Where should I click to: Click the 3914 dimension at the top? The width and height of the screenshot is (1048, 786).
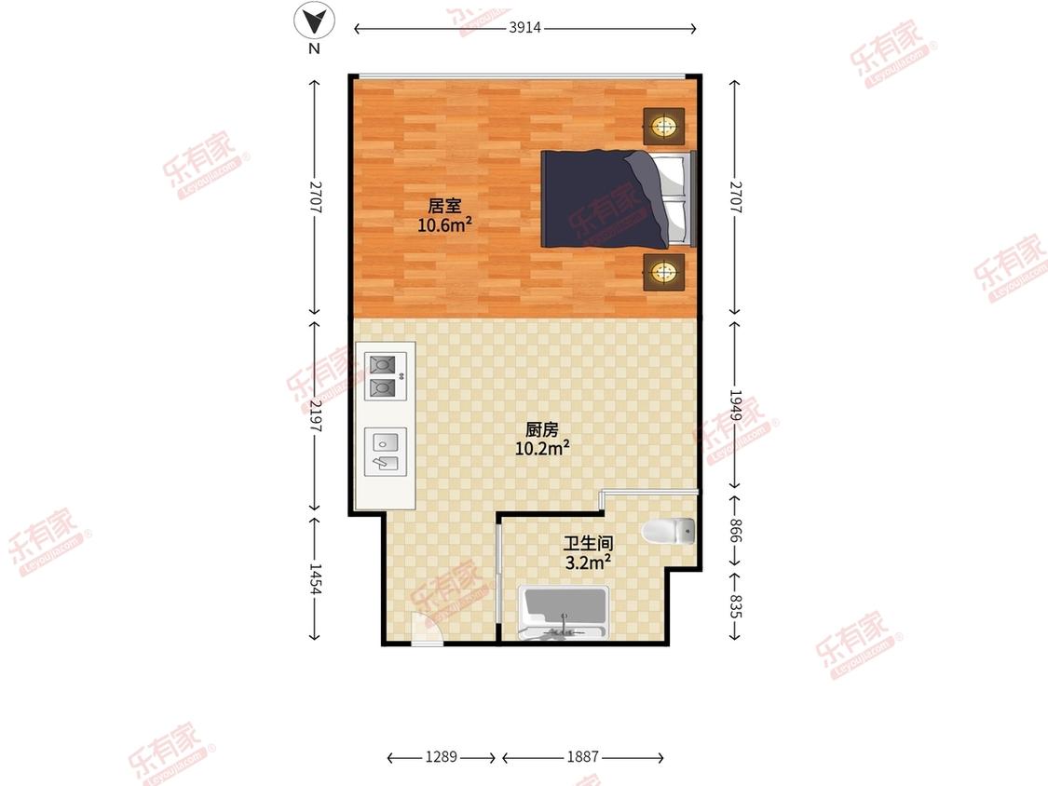[x=524, y=27]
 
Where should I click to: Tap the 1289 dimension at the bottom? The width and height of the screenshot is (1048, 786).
[x=442, y=756]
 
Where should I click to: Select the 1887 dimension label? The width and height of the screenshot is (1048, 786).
[x=583, y=756]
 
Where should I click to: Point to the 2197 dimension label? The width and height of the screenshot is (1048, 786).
[x=316, y=415]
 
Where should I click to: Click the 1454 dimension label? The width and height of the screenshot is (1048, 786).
[x=316, y=579]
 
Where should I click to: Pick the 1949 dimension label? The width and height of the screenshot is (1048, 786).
[x=735, y=406]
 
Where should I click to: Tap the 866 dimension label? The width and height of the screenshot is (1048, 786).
[x=735, y=530]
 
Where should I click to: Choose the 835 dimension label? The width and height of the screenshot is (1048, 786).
[x=735, y=606]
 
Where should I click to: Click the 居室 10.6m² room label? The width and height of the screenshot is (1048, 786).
[x=444, y=215]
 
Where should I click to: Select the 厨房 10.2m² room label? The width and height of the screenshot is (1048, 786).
[x=542, y=439]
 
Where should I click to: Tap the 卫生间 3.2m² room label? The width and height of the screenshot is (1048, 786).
[x=588, y=553]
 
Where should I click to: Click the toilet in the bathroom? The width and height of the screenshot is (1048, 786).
[x=668, y=532]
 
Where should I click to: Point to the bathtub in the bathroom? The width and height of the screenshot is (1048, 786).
[x=564, y=612]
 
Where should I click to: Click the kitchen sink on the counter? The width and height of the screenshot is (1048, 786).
[x=385, y=452]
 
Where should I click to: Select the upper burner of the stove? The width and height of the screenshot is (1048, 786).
[x=382, y=365]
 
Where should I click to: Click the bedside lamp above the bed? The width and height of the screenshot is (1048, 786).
[x=663, y=126]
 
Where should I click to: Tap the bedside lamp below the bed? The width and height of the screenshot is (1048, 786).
[x=663, y=271]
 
